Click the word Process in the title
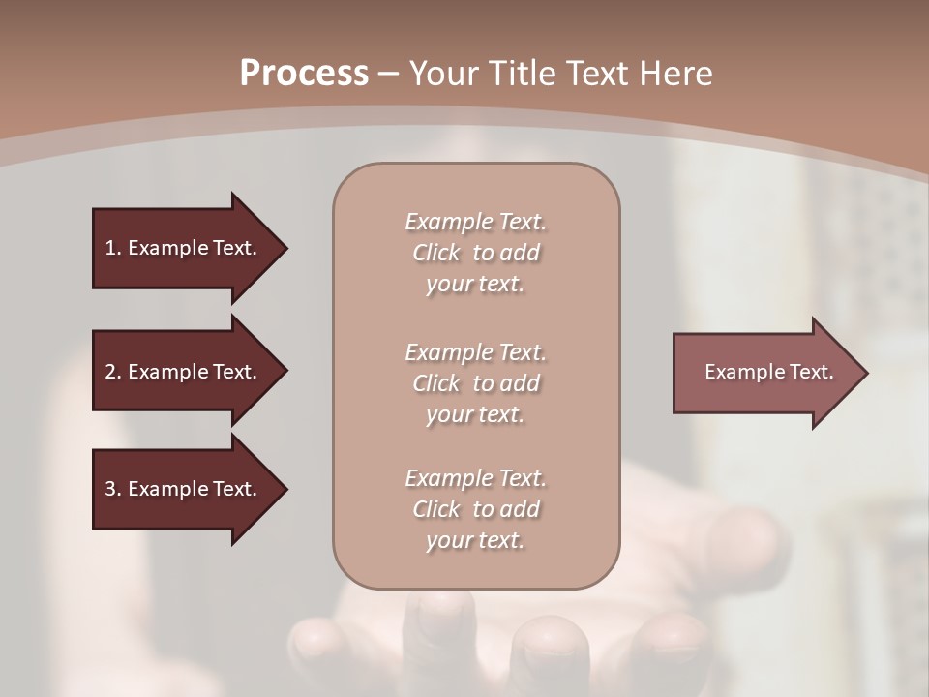coord(304,74)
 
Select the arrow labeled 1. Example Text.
coord(189,248)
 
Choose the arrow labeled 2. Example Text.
coord(189,372)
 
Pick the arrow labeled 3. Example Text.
coord(189,489)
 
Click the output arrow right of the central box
coord(769,373)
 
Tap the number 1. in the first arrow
coord(113,249)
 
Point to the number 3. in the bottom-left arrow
coord(113,490)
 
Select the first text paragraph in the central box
coord(475,253)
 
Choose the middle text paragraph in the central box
coord(475,383)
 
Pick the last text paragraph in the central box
coord(475,509)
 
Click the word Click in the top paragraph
coord(436,254)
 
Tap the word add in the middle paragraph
coord(521,384)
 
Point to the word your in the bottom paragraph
coord(447,541)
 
